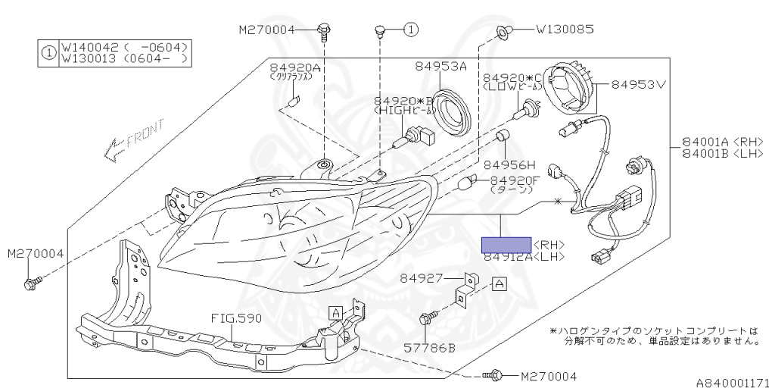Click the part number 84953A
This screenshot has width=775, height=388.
(440, 67)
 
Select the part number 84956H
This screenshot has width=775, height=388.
(509, 164)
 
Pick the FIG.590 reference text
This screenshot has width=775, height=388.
(236, 318)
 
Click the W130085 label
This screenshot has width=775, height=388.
(565, 30)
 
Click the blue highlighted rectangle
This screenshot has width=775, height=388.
(506, 244)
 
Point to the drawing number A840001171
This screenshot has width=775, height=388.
(733, 382)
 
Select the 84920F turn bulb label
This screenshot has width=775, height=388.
(515, 180)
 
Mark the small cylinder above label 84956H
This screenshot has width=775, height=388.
(500, 137)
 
